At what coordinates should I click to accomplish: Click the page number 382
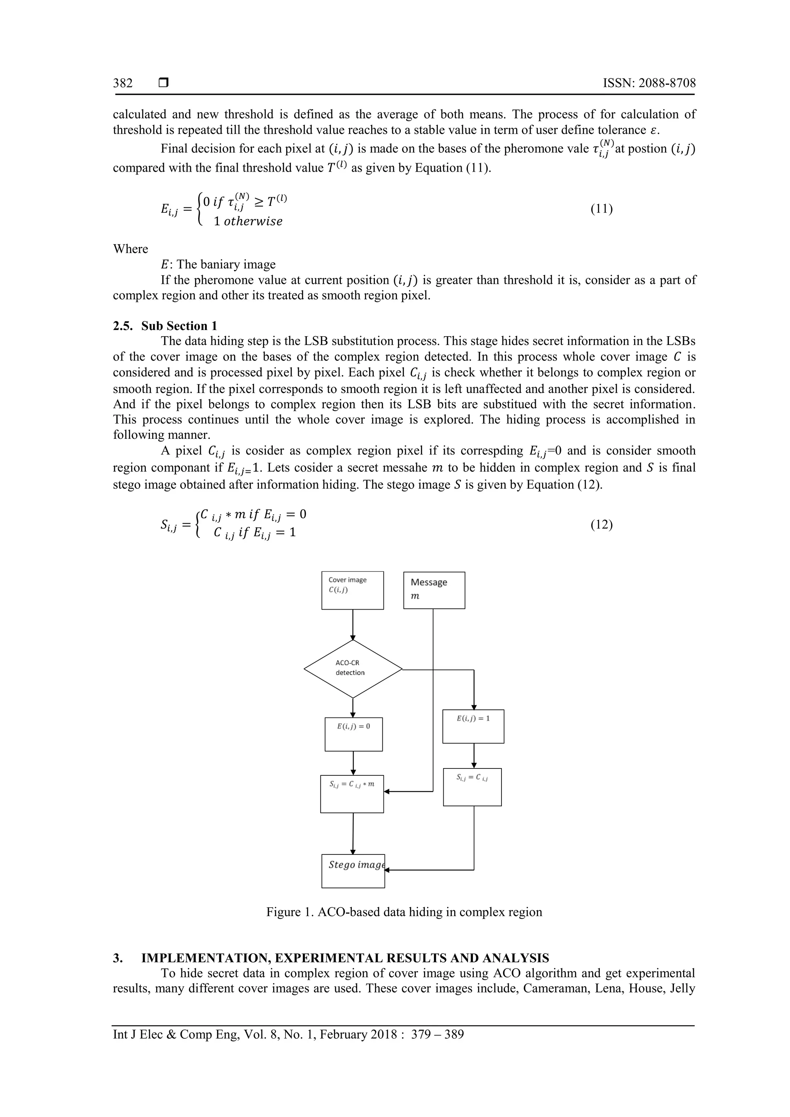pyautogui.click(x=123, y=83)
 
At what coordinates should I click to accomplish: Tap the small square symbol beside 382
pyautogui.click(x=164, y=83)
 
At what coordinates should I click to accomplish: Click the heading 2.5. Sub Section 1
pyautogui.click(x=165, y=325)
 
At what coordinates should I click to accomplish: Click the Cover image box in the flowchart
pyautogui.click(x=353, y=590)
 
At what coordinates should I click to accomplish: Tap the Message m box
pyautogui.click(x=434, y=590)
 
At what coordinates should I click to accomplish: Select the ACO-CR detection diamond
pyautogui.click(x=353, y=669)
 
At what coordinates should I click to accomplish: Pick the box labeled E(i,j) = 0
pyautogui.click(x=353, y=734)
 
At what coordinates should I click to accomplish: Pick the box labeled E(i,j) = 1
pyautogui.click(x=473, y=726)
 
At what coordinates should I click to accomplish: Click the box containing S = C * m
pyautogui.click(x=351, y=794)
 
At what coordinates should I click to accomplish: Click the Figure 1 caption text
pyautogui.click(x=403, y=912)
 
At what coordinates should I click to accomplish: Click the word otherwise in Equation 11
pyautogui.click(x=253, y=221)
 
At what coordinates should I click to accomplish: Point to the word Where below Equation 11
pyautogui.click(x=130, y=249)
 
